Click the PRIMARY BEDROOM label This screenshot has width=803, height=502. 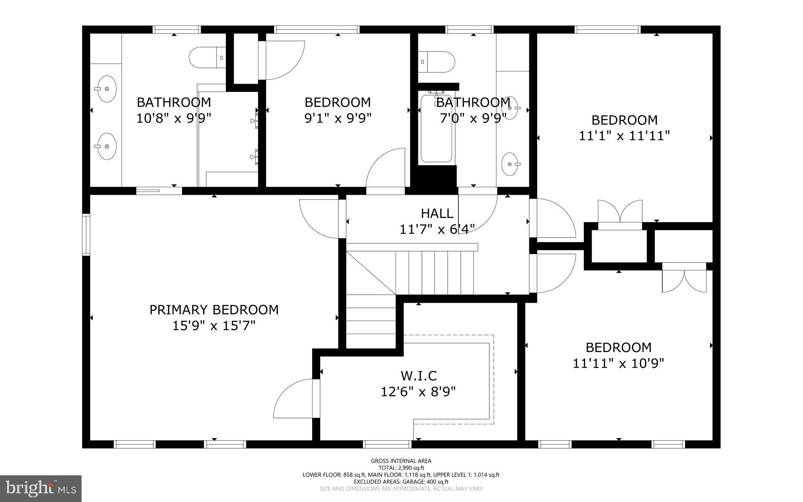214,310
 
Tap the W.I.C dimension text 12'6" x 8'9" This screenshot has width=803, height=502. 418,392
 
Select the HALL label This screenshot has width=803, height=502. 437,214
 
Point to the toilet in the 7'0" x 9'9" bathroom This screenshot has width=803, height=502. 436,62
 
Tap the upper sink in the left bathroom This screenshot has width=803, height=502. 106,89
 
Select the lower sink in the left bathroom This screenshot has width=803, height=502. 106,146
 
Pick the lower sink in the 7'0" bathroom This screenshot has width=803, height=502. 511,164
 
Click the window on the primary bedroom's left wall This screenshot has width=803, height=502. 86,235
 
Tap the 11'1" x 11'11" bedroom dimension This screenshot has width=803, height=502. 624,136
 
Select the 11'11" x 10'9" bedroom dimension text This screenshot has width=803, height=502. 618,363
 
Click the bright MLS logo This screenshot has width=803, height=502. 41,488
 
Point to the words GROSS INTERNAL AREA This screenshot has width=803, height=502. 401,461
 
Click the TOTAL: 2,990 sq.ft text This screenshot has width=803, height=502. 401,468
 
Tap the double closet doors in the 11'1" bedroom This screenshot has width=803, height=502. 620,214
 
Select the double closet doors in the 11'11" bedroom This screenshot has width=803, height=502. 684,279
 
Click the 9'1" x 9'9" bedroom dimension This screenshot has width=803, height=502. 338,118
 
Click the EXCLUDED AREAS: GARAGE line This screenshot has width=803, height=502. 401,482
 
